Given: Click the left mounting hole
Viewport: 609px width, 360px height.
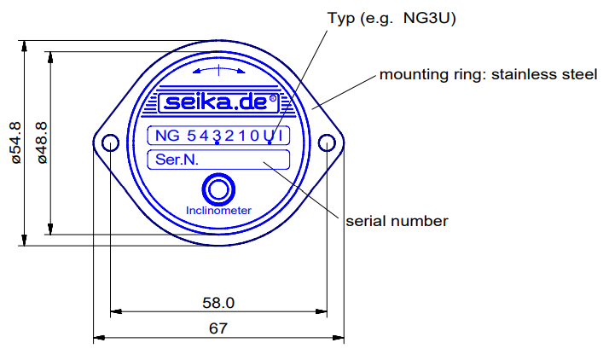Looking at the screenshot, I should [x=110, y=143].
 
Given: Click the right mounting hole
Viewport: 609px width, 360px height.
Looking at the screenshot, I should [x=328, y=143].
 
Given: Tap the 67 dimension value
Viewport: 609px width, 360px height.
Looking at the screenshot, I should [x=218, y=328].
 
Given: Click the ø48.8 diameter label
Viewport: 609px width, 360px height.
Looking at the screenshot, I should [x=39, y=142].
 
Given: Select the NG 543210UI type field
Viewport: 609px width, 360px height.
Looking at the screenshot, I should [x=218, y=136].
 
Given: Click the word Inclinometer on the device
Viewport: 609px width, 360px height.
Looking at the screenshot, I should [x=218, y=210].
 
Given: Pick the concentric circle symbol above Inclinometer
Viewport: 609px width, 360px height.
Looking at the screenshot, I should [x=218, y=189].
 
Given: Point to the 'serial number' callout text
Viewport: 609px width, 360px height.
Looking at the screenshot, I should [x=397, y=221].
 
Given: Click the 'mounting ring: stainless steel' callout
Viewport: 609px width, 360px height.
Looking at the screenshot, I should [x=488, y=74].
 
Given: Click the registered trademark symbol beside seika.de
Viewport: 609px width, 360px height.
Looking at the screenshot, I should [x=273, y=99].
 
